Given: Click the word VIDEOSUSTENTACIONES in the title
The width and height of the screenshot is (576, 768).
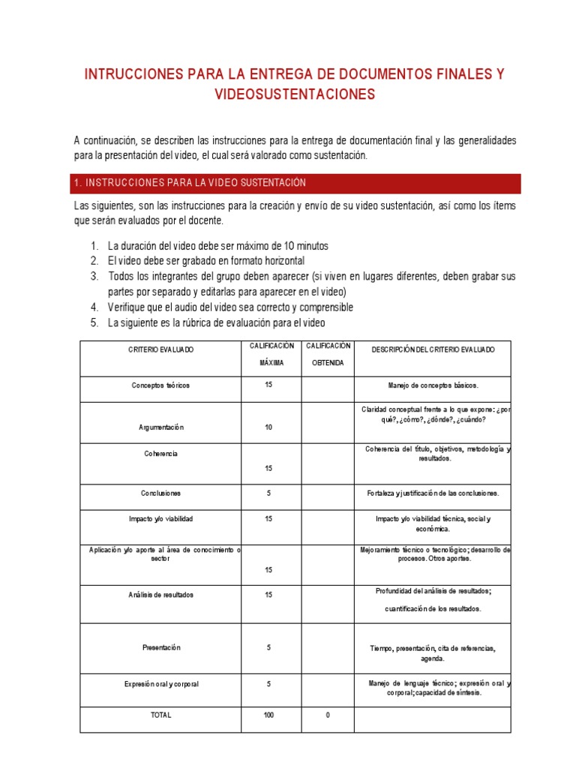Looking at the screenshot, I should point(294,94).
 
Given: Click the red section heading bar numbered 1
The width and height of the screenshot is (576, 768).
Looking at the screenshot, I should point(295,183).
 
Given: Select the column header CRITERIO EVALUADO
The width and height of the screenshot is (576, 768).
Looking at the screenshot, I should point(160,350).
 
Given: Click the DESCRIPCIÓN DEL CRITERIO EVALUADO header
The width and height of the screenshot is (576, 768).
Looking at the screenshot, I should point(432,350).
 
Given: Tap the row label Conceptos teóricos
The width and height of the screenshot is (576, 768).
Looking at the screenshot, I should point(160,385).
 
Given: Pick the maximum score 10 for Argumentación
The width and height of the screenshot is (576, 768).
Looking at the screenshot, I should point(268,427).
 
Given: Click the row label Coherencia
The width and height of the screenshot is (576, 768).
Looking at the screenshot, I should point(160,454).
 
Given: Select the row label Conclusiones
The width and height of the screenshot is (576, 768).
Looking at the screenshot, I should point(160,493).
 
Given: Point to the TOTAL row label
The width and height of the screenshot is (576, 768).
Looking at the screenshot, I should point(160,715).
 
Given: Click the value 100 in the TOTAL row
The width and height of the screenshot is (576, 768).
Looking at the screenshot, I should point(268,715).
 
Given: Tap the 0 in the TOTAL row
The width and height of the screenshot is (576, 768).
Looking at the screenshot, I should point(328,715).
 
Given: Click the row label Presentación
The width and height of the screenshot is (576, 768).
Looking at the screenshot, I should point(160,647).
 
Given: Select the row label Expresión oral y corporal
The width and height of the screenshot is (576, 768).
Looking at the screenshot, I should point(160,684).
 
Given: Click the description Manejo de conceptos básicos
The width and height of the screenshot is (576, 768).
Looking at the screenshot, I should point(432,385).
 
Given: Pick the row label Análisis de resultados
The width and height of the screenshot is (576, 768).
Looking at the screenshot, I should point(160,595).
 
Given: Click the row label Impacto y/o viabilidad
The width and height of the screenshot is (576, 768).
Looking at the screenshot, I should point(160,518).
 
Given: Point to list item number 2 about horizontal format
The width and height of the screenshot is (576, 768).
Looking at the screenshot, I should point(205,260).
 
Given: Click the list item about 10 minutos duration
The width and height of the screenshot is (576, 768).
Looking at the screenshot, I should point(217,246).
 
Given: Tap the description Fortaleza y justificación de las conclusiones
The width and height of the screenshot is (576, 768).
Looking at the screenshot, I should point(432,493).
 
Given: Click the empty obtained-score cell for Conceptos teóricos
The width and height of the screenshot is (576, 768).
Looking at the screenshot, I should point(328,389).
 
